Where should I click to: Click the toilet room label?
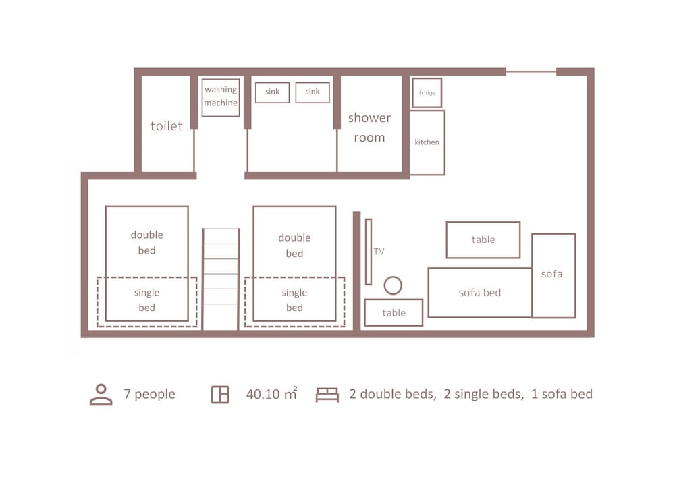point(167,126)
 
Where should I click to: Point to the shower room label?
point(369,128)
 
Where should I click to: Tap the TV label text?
point(379,252)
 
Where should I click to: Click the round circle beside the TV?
point(393,277)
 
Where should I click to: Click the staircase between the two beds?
point(221,279)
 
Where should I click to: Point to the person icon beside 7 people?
point(101,395)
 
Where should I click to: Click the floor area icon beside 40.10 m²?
point(220,395)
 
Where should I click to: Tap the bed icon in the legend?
point(327,395)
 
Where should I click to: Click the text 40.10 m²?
point(271,393)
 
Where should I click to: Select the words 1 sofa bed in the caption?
point(562,394)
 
